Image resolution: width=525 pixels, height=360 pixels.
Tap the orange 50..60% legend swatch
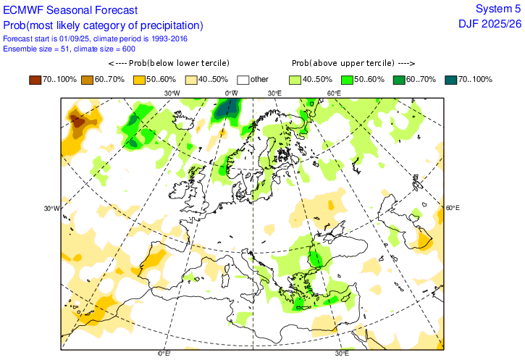point(141,79)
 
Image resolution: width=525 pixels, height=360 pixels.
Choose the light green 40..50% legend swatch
point(295,79)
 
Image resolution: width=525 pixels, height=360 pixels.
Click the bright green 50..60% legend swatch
point(347,79)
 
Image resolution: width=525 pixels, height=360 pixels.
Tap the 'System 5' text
point(497,9)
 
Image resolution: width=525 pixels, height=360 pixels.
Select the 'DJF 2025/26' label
point(489,24)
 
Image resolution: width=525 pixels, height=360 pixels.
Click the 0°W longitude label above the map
point(232,93)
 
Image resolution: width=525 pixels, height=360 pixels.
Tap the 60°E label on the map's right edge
point(453,208)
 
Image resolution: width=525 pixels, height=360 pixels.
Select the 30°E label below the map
point(342,353)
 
